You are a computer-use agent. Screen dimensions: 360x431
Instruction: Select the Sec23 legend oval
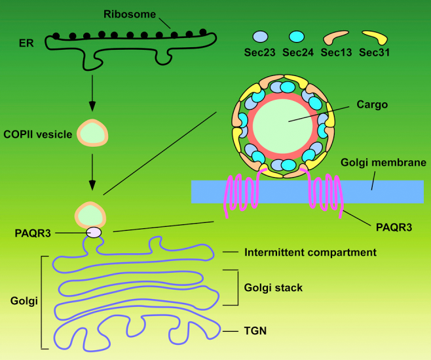click(261, 38)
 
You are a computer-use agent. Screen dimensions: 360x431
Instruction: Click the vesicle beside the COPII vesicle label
click(92, 134)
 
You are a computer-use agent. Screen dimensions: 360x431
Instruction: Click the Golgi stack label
click(273, 287)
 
